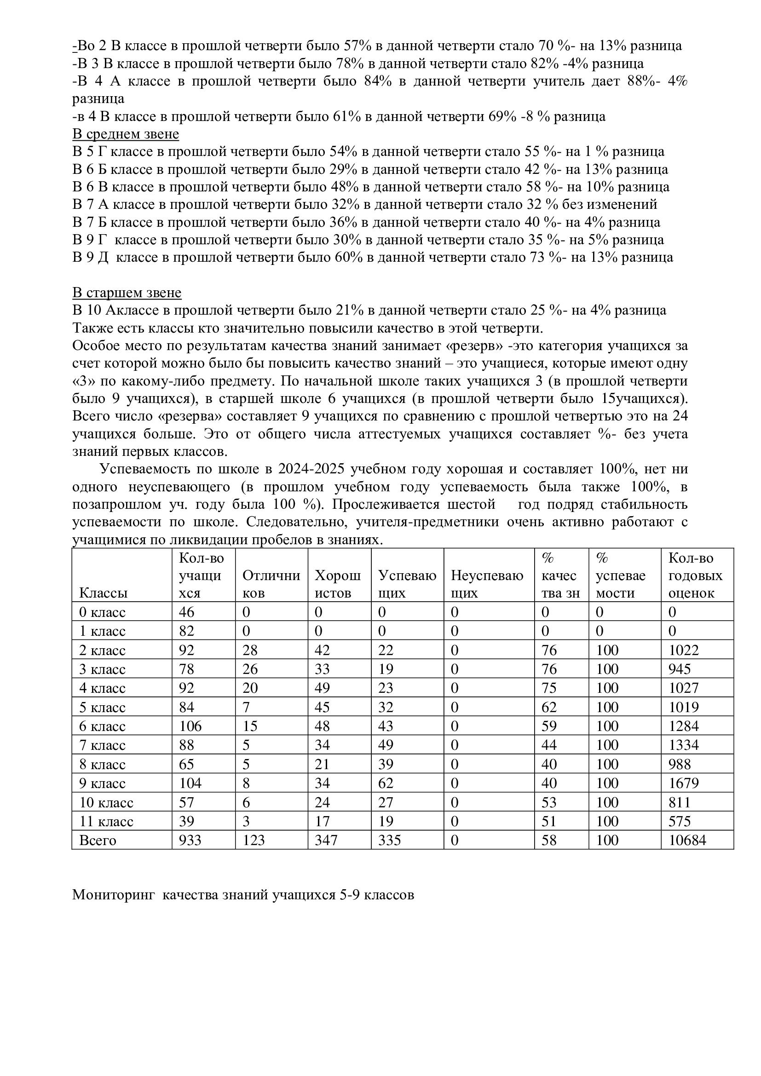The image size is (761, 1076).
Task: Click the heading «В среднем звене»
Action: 126,134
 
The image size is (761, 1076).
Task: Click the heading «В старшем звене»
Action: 127,293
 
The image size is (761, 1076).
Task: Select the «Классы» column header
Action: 103,593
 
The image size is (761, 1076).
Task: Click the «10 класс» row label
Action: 106,802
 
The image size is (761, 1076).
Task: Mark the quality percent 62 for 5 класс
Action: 549,707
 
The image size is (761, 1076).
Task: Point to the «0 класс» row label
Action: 102,612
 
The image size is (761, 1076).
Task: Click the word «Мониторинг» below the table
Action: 113,895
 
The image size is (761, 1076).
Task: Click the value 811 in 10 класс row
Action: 680,802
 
